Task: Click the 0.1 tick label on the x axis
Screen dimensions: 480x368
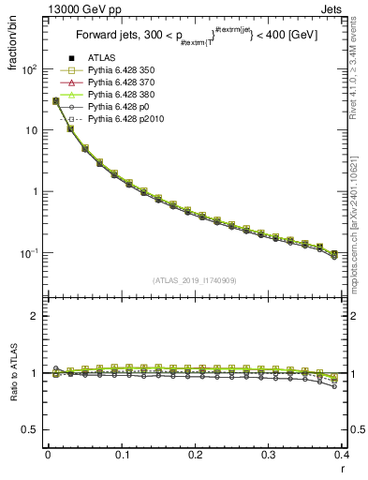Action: [x=121, y=455]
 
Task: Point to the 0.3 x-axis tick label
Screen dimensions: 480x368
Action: [x=268, y=455]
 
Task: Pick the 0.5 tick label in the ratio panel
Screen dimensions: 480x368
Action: [x=30, y=429]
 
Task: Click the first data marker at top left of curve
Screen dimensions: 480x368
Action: [x=55, y=100]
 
